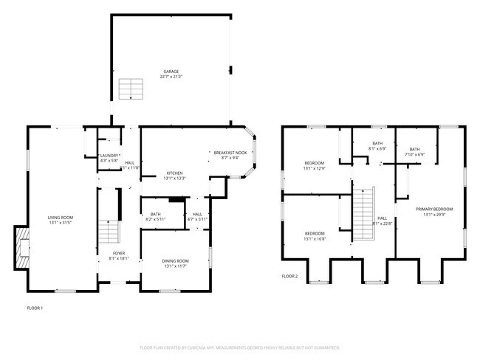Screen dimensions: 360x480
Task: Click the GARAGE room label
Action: click(x=171, y=72)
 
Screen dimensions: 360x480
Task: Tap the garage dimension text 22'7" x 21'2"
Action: click(x=171, y=77)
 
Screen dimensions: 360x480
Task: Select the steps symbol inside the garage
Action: click(x=130, y=89)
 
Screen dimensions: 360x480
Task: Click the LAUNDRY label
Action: click(x=110, y=155)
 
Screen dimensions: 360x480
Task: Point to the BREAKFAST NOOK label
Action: click(x=235, y=153)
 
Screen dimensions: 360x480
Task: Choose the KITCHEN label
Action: click(x=174, y=174)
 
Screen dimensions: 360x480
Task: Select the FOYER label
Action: click(x=119, y=254)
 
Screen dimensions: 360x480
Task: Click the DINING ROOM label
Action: click(x=176, y=260)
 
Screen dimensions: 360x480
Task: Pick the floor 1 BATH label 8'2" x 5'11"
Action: click(x=154, y=215)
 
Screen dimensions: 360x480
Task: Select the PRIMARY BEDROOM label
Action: click(x=433, y=210)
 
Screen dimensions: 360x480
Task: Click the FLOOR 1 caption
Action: click(x=35, y=308)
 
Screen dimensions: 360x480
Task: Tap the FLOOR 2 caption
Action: click(x=289, y=276)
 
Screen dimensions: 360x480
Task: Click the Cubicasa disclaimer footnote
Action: click(x=239, y=347)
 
